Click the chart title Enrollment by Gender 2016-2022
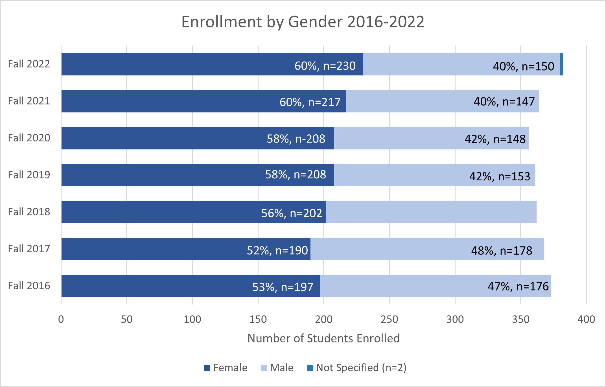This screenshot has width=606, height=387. point(303,22)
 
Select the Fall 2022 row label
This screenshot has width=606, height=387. point(29,64)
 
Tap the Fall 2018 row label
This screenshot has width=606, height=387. point(29,212)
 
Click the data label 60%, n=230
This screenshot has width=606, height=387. point(325,66)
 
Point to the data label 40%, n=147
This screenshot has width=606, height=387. point(504,101)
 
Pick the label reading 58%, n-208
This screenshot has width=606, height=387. point(296,139)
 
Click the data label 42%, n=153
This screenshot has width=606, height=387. point(500,176)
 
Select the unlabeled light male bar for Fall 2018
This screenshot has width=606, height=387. point(431,212)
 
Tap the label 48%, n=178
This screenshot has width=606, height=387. point(502,250)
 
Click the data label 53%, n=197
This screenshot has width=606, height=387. point(283,287)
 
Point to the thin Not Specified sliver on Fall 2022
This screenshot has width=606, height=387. point(561,64)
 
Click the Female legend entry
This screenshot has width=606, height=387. point(226,368)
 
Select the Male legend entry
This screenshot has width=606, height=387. point(277,368)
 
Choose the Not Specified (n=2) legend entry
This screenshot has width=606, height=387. point(357,368)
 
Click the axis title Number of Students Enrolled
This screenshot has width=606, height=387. point(323,338)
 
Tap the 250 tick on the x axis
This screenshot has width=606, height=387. point(389,319)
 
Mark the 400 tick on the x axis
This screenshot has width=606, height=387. point(586,319)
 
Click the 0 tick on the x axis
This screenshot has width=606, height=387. point(61,319)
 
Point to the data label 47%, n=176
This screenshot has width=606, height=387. point(518,286)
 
